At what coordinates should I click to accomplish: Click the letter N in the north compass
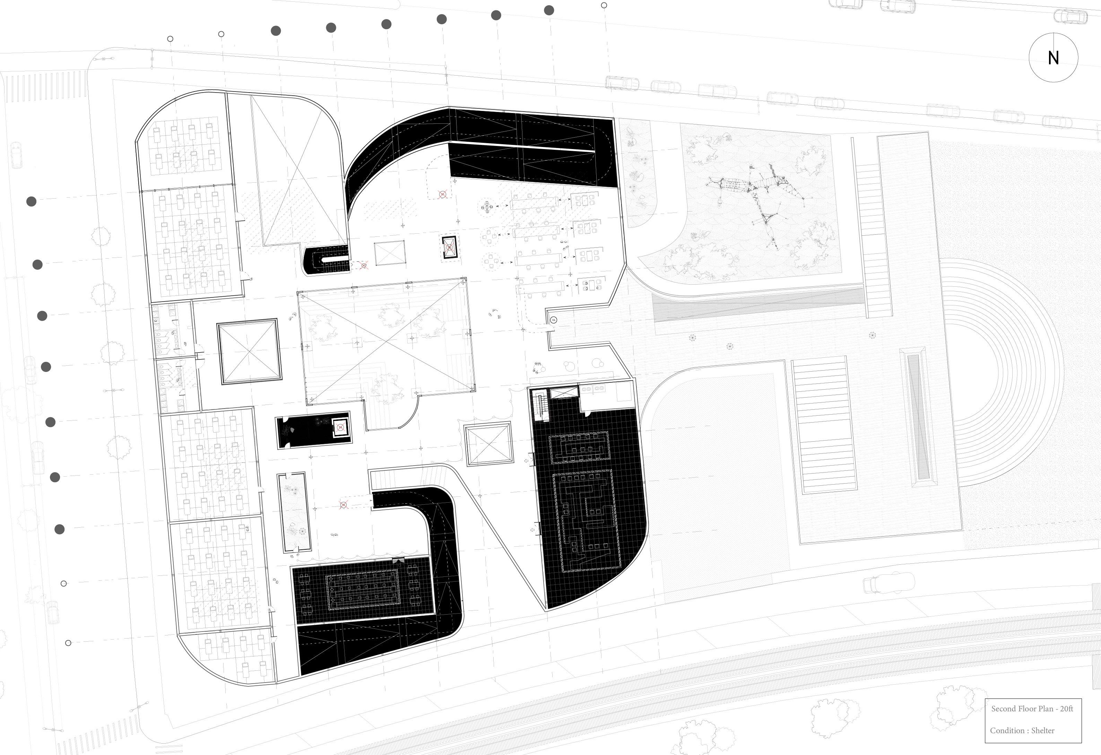[1053, 58]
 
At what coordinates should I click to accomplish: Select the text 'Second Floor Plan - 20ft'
[1032, 709]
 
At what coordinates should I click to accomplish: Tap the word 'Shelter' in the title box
[1042, 730]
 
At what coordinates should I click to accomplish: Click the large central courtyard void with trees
[385, 341]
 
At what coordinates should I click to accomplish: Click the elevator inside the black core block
[340, 428]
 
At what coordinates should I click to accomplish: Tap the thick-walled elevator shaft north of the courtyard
[449, 247]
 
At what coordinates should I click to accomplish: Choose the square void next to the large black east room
[488, 444]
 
